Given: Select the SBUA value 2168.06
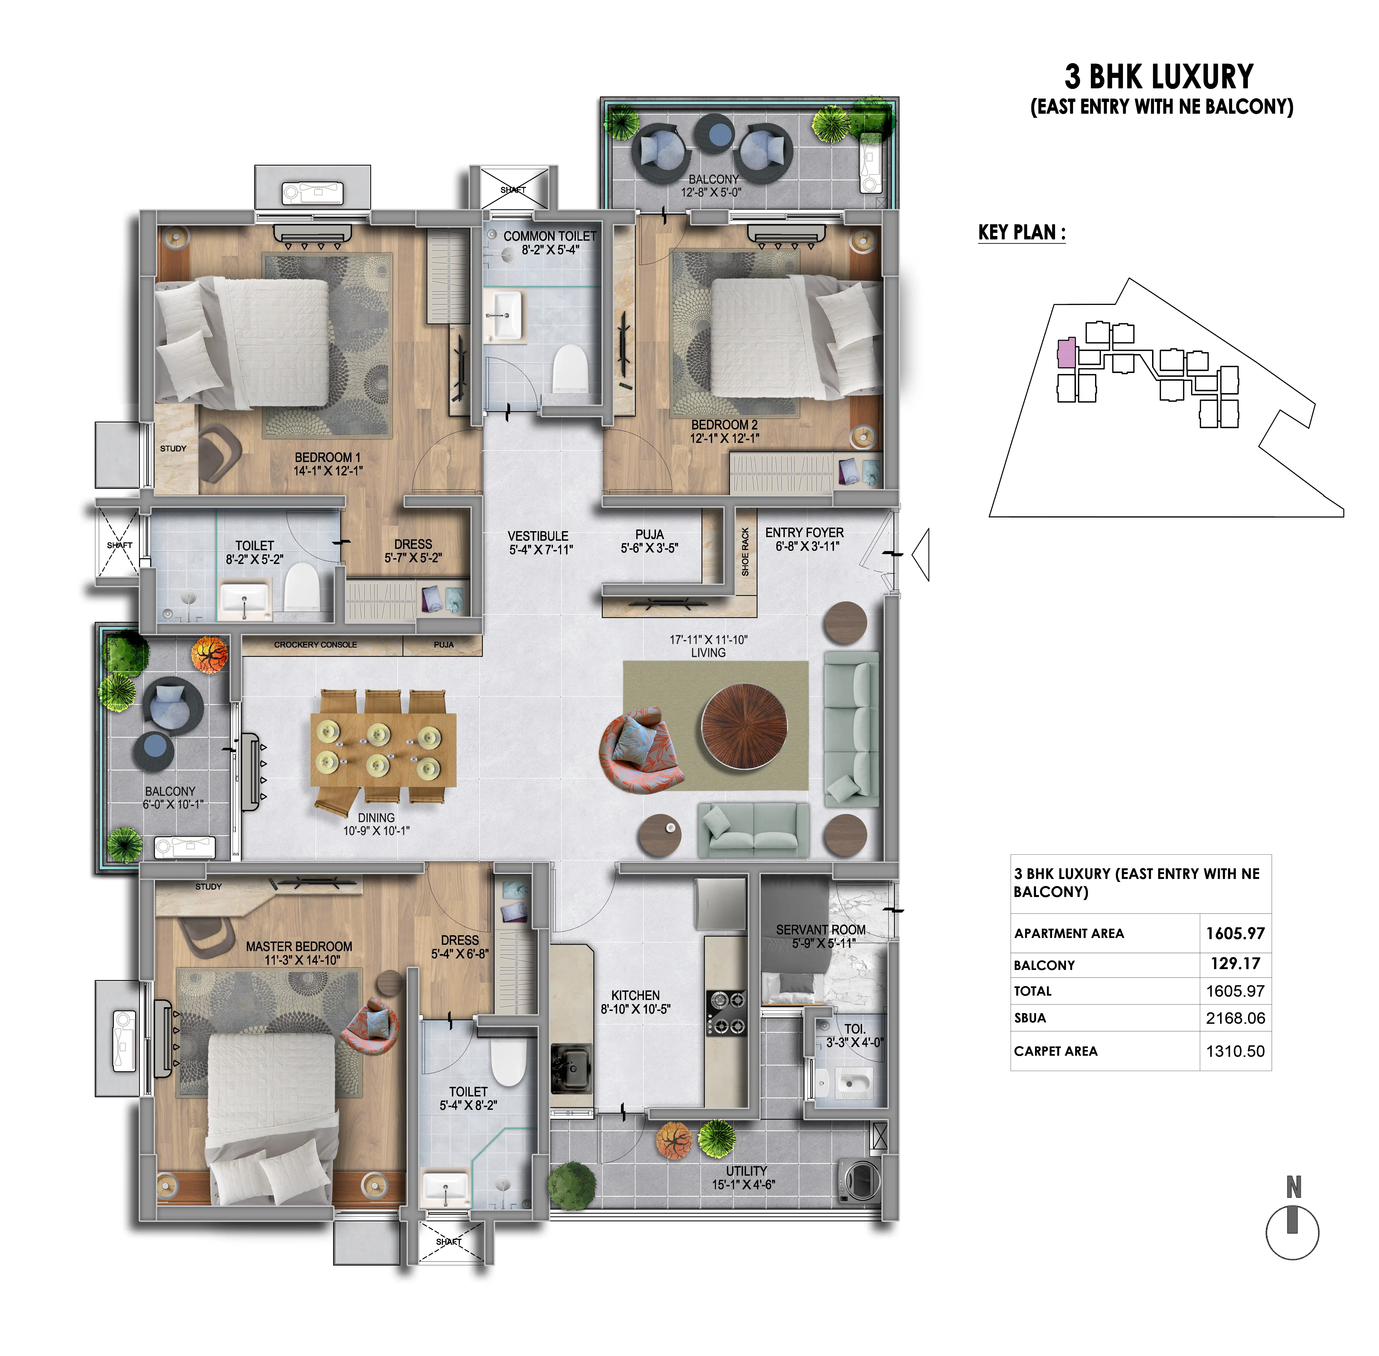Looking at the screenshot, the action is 1235,1018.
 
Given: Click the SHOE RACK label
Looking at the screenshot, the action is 745,552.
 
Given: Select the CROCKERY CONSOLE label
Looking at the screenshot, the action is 315,645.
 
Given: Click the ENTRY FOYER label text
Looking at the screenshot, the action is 804,533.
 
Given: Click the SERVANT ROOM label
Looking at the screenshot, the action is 821,930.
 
